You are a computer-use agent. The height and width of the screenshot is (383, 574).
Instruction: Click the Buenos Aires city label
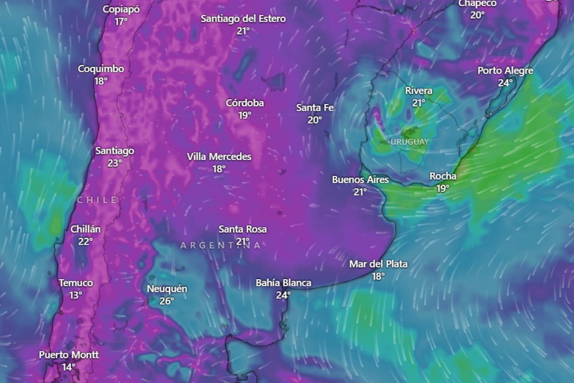click(x=360, y=180)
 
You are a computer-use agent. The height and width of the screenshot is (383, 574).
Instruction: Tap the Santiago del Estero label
click(x=243, y=19)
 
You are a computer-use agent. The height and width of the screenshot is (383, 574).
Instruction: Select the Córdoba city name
click(x=245, y=103)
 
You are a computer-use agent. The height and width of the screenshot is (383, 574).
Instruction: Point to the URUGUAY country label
click(x=409, y=142)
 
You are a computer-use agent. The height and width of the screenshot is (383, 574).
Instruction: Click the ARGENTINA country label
click(x=221, y=246)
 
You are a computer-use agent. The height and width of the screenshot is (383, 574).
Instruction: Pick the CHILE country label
click(x=97, y=200)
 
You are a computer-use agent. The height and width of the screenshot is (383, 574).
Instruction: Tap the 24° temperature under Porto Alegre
click(x=505, y=82)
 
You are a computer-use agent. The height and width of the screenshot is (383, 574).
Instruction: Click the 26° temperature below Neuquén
click(x=166, y=301)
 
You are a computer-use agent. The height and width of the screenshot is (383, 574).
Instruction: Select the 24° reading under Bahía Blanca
click(x=283, y=295)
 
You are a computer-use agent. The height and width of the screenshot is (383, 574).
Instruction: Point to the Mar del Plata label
click(x=378, y=264)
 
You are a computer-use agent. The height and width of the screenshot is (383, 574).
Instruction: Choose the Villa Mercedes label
click(x=219, y=157)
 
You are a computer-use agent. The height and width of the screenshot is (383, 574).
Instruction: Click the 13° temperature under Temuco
click(x=76, y=295)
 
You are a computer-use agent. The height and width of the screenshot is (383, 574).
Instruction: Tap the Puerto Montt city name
click(x=69, y=355)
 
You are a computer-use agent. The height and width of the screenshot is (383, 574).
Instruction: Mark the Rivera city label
click(x=419, y=90)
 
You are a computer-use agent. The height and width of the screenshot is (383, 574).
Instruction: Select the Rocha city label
click(x=443, y=176)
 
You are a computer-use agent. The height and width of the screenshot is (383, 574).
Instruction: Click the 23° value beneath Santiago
click(x=114, y=163)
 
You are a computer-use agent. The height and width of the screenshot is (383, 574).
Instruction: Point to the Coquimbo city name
click(x=101, y=69)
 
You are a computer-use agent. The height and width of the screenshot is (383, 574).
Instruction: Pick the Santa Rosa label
click(x=243, y=229)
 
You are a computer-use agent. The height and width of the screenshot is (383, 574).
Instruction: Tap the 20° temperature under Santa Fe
click(x=315, y=120)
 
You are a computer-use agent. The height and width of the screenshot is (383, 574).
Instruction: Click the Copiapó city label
click(x=121, y=9)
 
